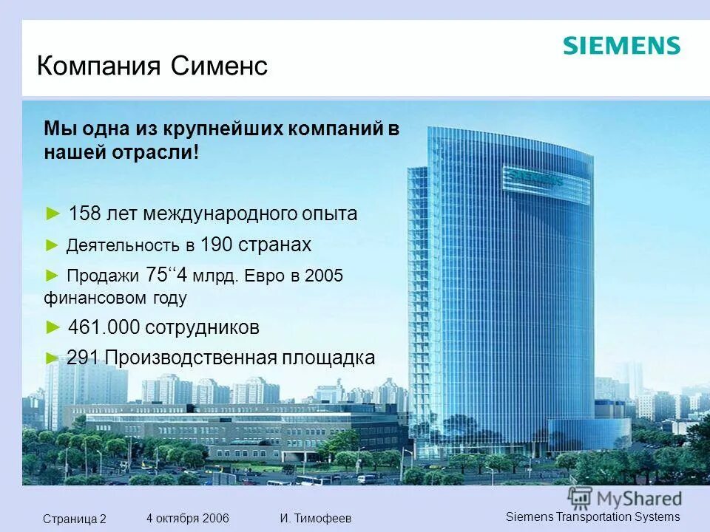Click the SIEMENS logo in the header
[x=621, y=46]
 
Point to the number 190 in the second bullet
[x=216, y=245]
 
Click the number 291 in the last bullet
[x=83, y=358]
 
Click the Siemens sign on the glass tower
[x=533, y=176]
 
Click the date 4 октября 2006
[x=188, y=518]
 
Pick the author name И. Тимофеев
[x=316, y=518]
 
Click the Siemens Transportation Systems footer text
[x=592, y=516]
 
